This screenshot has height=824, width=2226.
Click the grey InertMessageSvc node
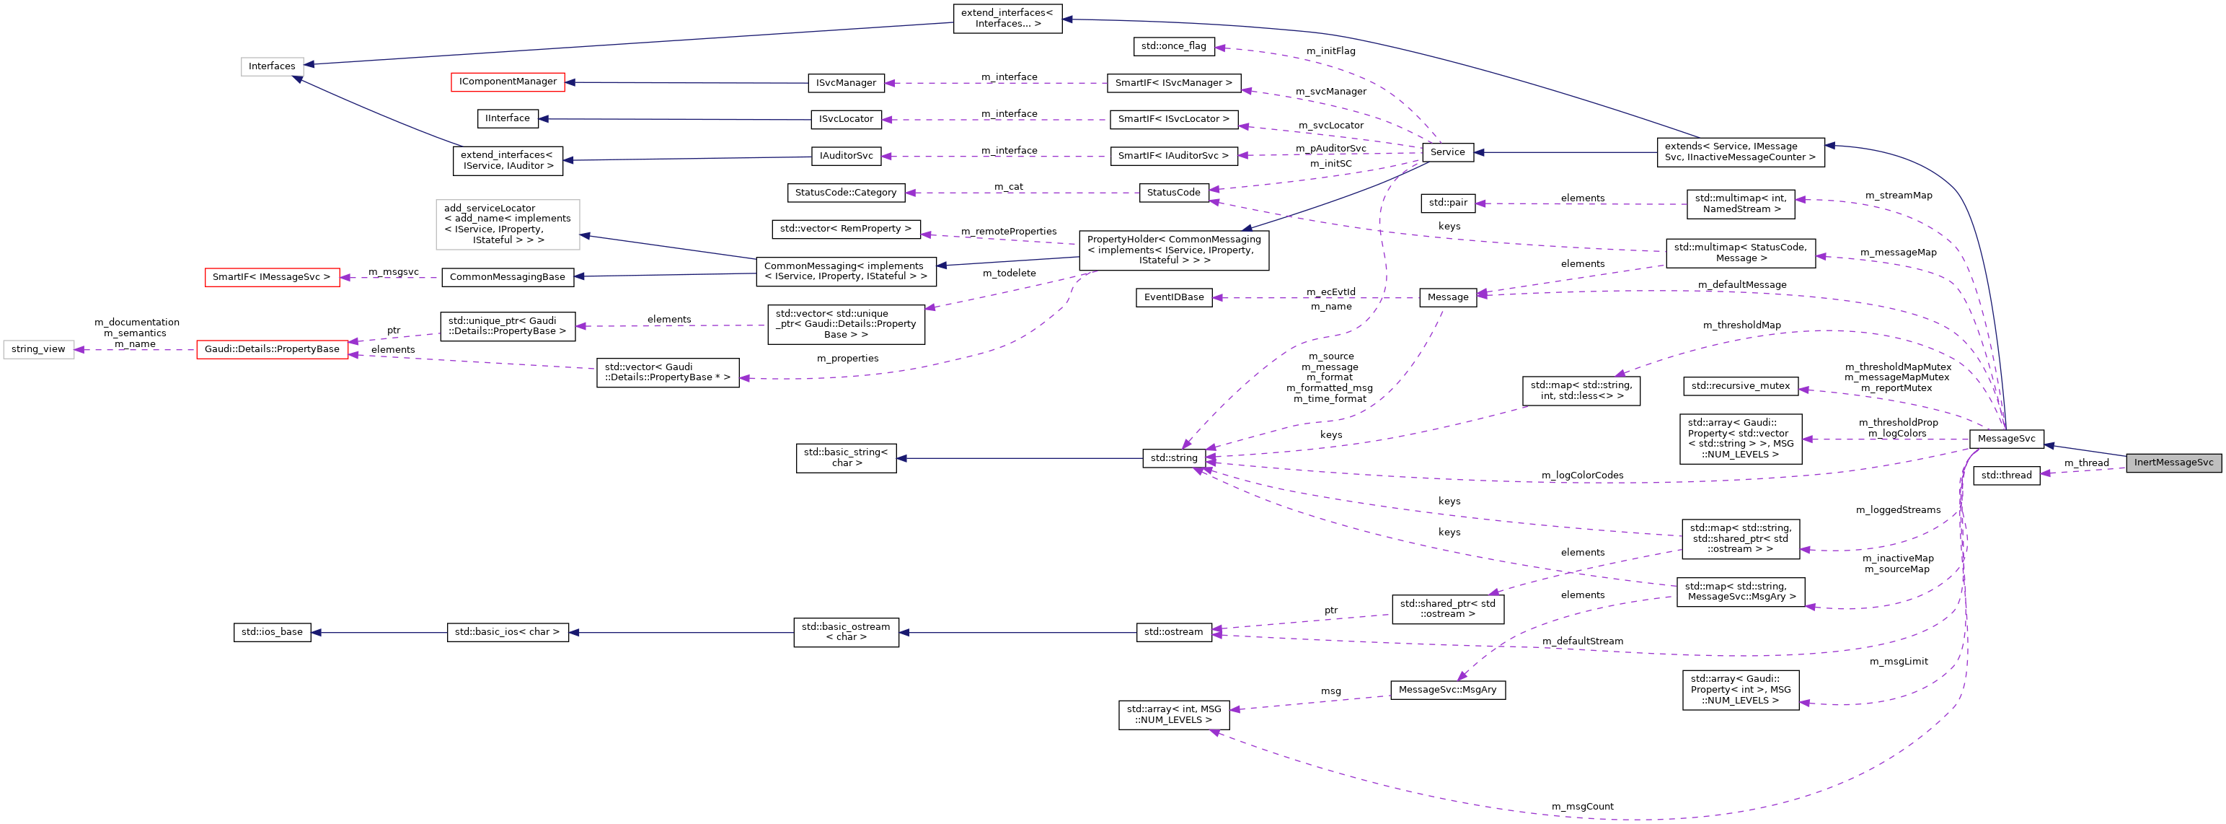(2173, 463)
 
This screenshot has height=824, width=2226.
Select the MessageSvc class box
(2005, 439)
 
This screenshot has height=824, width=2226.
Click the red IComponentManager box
(507, 82)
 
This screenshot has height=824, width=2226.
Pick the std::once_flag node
(1173, 46)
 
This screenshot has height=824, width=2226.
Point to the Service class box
(1447, 152)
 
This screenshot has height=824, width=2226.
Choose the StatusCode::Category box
(845, 192)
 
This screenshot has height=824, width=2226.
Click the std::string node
(1173, 458)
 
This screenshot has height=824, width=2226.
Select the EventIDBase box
(1173, 297)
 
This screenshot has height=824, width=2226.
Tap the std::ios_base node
(271, 632)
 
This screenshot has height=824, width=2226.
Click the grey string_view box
(38, 349)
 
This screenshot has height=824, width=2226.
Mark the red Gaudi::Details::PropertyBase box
(271, 349)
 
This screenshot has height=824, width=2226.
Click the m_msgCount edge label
(1581, 807)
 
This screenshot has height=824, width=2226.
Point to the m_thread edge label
(2086, 463)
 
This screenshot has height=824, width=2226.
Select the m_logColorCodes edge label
(1581, 475)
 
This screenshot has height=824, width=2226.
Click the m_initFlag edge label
(1330, 51)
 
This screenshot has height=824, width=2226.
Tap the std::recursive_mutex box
(1741, 385)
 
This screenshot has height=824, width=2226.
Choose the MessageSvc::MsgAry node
(1447, 690)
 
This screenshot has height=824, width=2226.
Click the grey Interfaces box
(271, 66)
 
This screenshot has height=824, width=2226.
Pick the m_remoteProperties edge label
(1007, 232)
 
